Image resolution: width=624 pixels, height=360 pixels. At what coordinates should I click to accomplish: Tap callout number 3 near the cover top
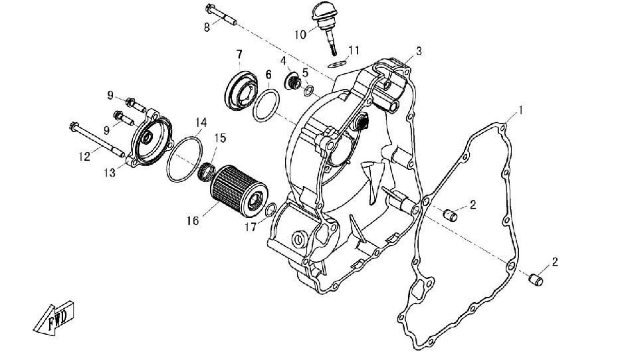[x=419, y=51]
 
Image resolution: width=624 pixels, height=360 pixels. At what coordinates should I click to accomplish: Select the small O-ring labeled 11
[x=336, y=63]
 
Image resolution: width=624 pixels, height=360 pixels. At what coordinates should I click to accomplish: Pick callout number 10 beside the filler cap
[x=300, y=33]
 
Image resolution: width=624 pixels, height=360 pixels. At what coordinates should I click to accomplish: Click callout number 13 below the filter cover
[x=109, y=173]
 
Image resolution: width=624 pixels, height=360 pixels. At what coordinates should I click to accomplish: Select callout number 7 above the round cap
[x=239, y=53]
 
